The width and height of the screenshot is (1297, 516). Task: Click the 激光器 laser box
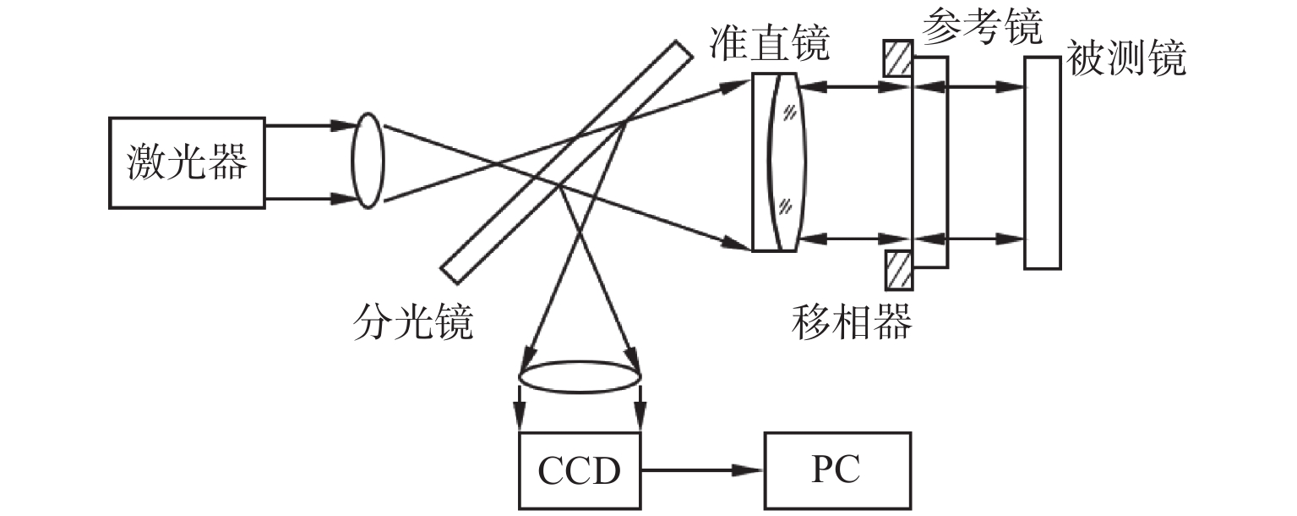(187, 162)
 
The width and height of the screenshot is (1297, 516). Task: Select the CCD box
(580, 470)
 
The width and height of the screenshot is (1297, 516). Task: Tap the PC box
(837, 470)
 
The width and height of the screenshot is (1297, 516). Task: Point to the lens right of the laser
(368, 162)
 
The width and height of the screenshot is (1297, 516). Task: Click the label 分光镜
(413, 322)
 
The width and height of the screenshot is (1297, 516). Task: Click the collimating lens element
(786, 162)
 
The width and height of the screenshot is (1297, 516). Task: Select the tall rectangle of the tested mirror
(1043, 162)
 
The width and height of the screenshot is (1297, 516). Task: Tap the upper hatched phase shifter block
(897, 59)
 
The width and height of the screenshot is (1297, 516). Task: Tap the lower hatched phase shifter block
(897, 270)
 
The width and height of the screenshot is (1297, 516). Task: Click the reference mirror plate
(929, 162)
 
